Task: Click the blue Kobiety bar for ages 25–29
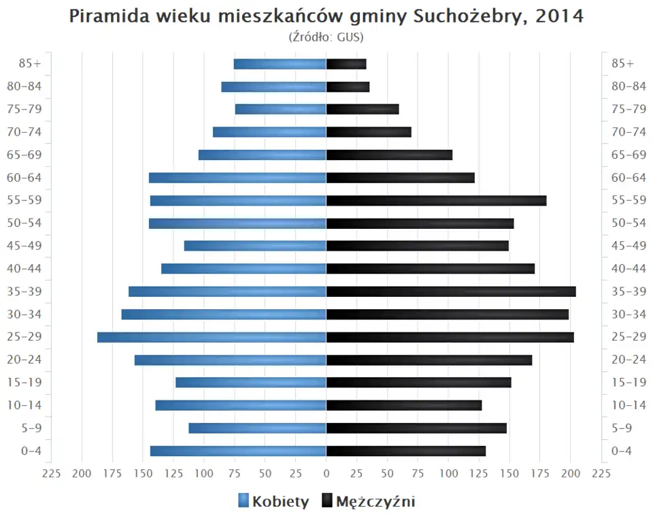click(212, 337)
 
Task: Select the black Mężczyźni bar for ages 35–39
click(451, 291)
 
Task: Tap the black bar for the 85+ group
click(346, 64)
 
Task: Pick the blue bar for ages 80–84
click(274, 86)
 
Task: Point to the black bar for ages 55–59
click(436, 200)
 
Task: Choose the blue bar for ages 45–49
click(255, 246)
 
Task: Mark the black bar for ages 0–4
click(406, 451)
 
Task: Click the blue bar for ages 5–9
click(257, 428)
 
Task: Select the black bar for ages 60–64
click(401, 178)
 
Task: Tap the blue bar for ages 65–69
click(263, 155)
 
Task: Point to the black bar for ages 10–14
click(404, 405)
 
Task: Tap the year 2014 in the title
click(559, 16)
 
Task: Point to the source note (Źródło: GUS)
click(326, 36)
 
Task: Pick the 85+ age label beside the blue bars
click(30, 64)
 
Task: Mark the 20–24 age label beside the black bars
click(629, 360)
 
